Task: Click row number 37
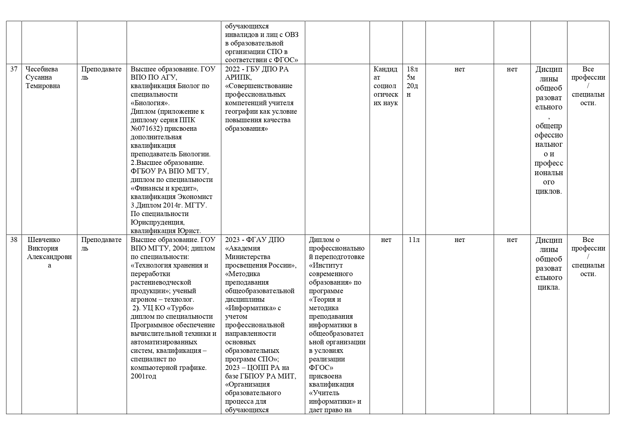click(x=14, y=69)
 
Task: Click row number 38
click(x=14, y=240)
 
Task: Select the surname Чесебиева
click(x=42, y=69)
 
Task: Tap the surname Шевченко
click(x=44, y=240)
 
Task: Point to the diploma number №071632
click(x=146, y=129)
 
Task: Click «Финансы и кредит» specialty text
click(x=164, y=188)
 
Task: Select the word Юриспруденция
click(x=157, y=222)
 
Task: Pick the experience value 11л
click(x=414, y=240)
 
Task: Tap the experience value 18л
click(x=412, y=69)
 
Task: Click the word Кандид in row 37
click(x=386, y=69)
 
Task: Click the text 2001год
click(x=143, y=376)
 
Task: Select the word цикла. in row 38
click(x=549, y=287)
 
